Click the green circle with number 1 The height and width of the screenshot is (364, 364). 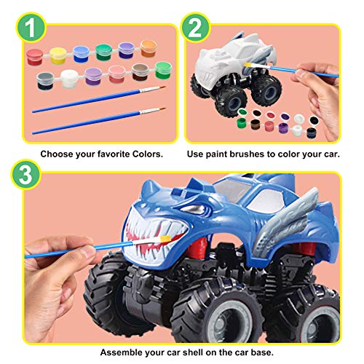point(26,29)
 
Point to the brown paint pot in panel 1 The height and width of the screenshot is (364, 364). point(138,71)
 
